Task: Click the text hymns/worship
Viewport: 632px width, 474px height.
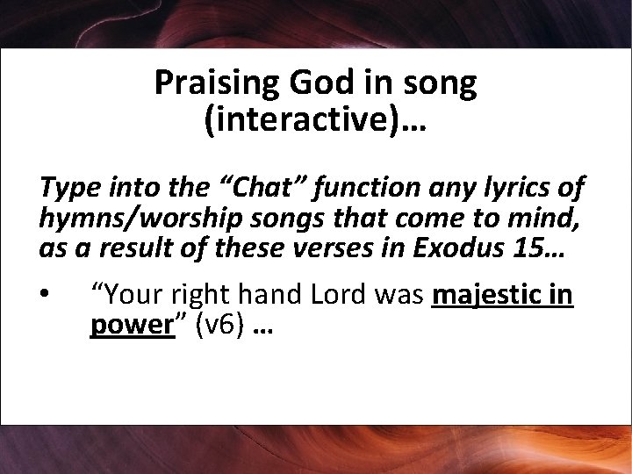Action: coord(124,219)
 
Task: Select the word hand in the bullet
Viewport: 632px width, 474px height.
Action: coord(261,296)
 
